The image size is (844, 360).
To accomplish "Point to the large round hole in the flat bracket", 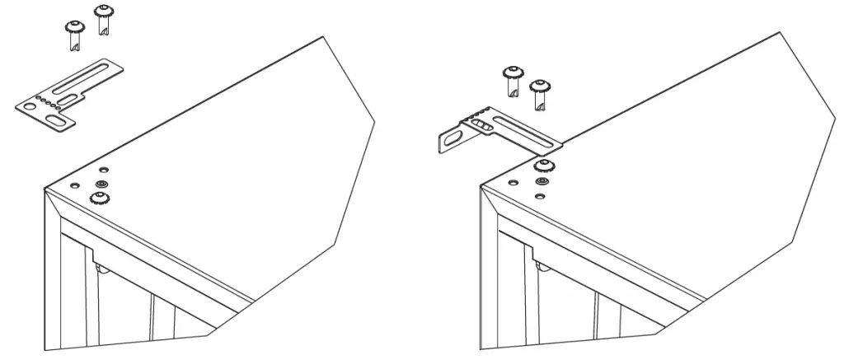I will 30,106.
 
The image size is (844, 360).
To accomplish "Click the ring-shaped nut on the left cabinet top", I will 102,182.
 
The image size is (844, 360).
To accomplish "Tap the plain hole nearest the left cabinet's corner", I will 75,186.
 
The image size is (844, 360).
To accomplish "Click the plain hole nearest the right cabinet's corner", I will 513,183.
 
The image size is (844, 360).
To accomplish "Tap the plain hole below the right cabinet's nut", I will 541,196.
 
